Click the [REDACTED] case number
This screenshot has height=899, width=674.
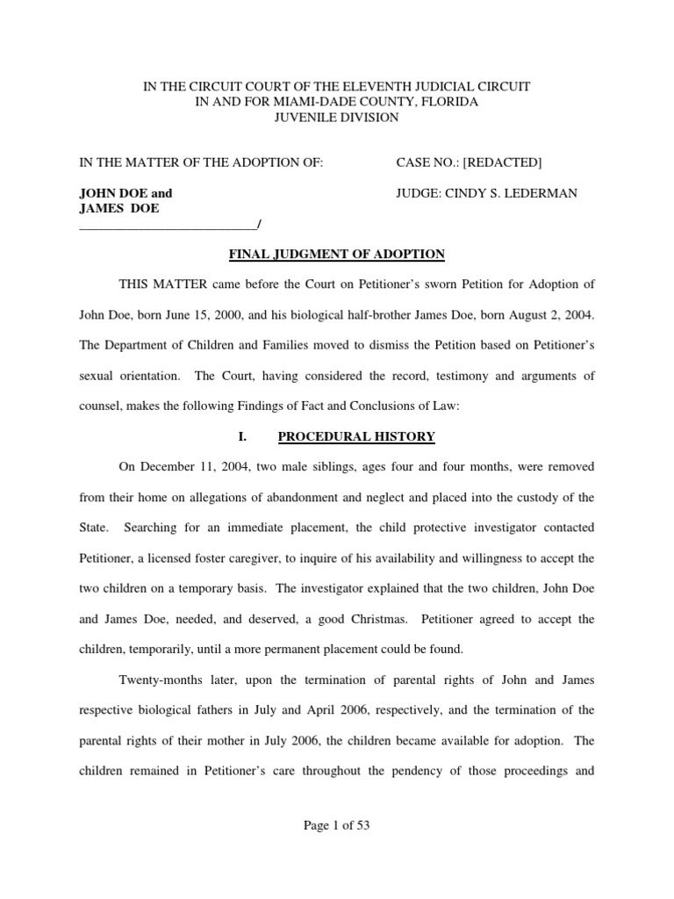(502, 162)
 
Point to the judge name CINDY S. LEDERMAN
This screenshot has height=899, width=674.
(519, 193)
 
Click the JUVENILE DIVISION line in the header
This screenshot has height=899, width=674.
(336, 118)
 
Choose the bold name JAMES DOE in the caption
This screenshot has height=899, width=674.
(119, 208)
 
